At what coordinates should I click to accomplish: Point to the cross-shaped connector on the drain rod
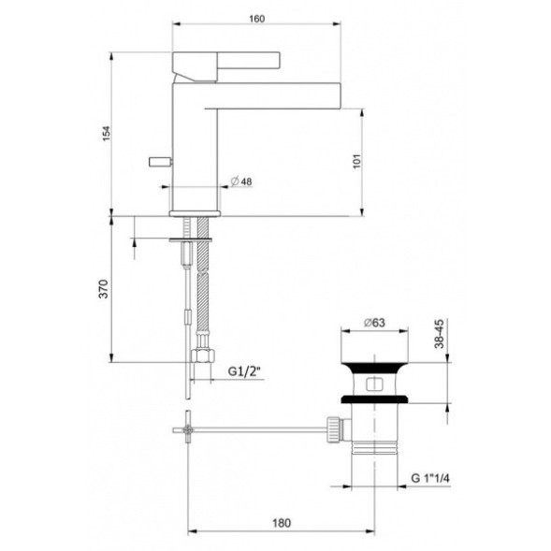190,429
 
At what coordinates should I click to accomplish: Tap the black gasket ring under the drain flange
371,399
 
